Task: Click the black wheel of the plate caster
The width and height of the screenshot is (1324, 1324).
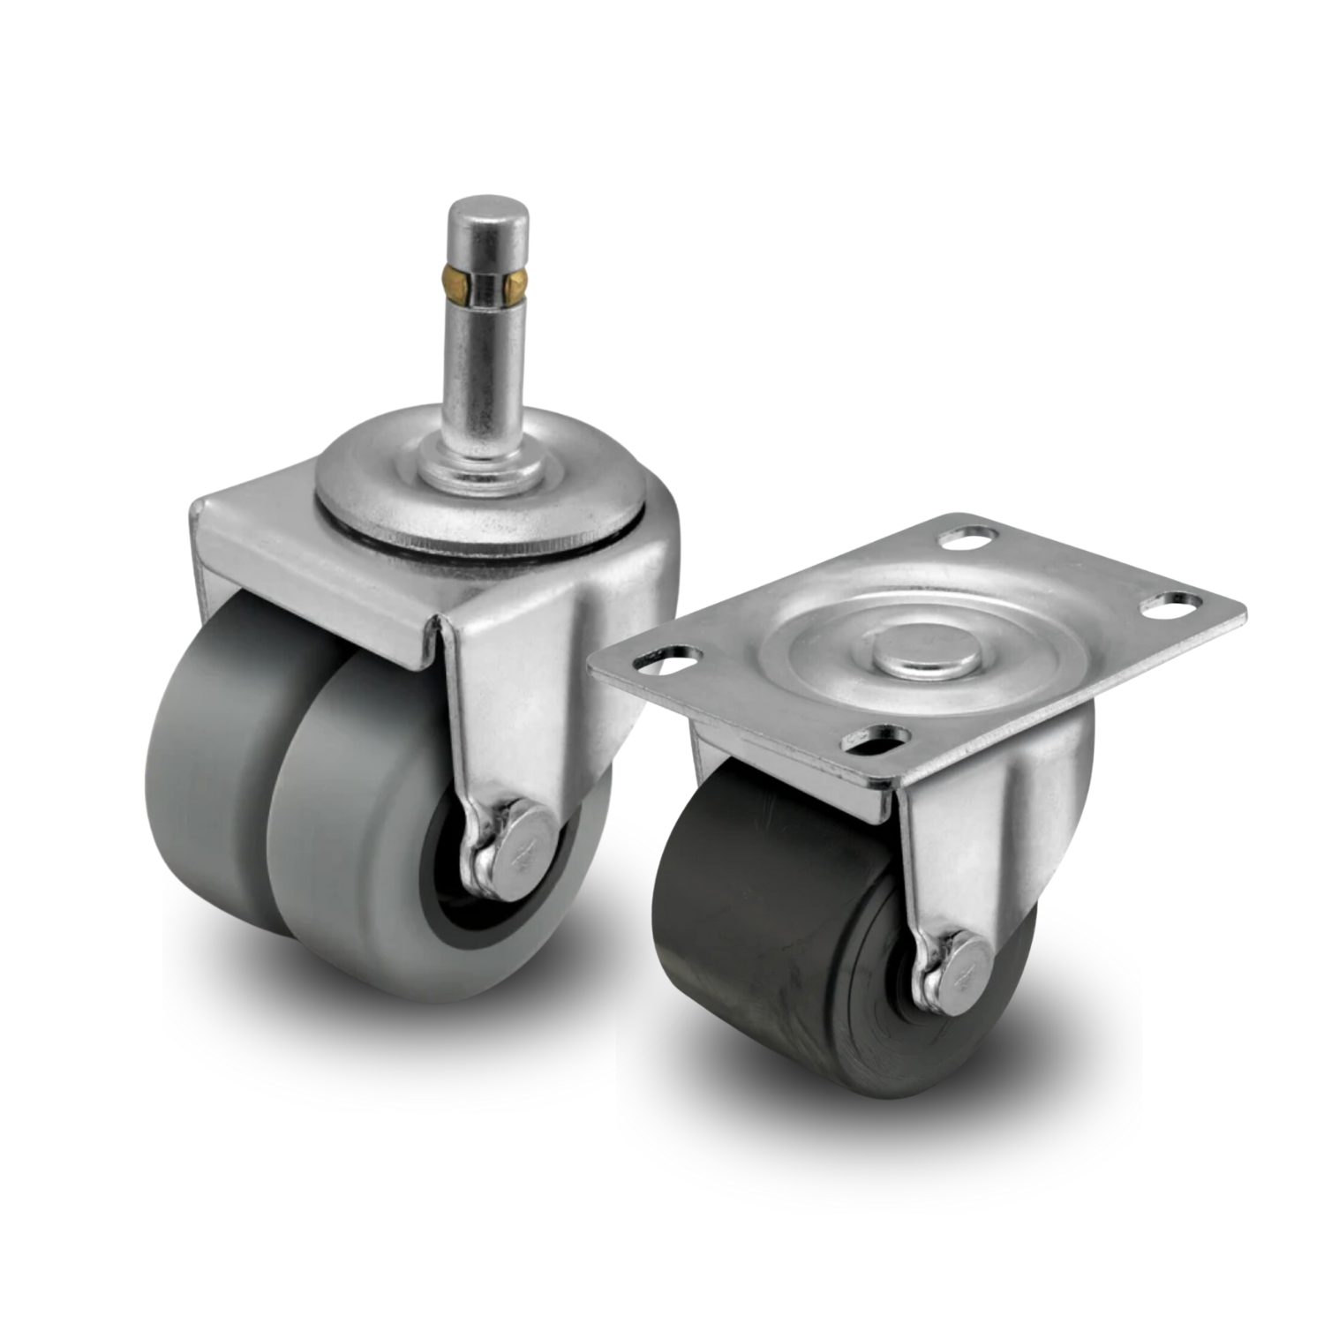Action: [x=777, y=927]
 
